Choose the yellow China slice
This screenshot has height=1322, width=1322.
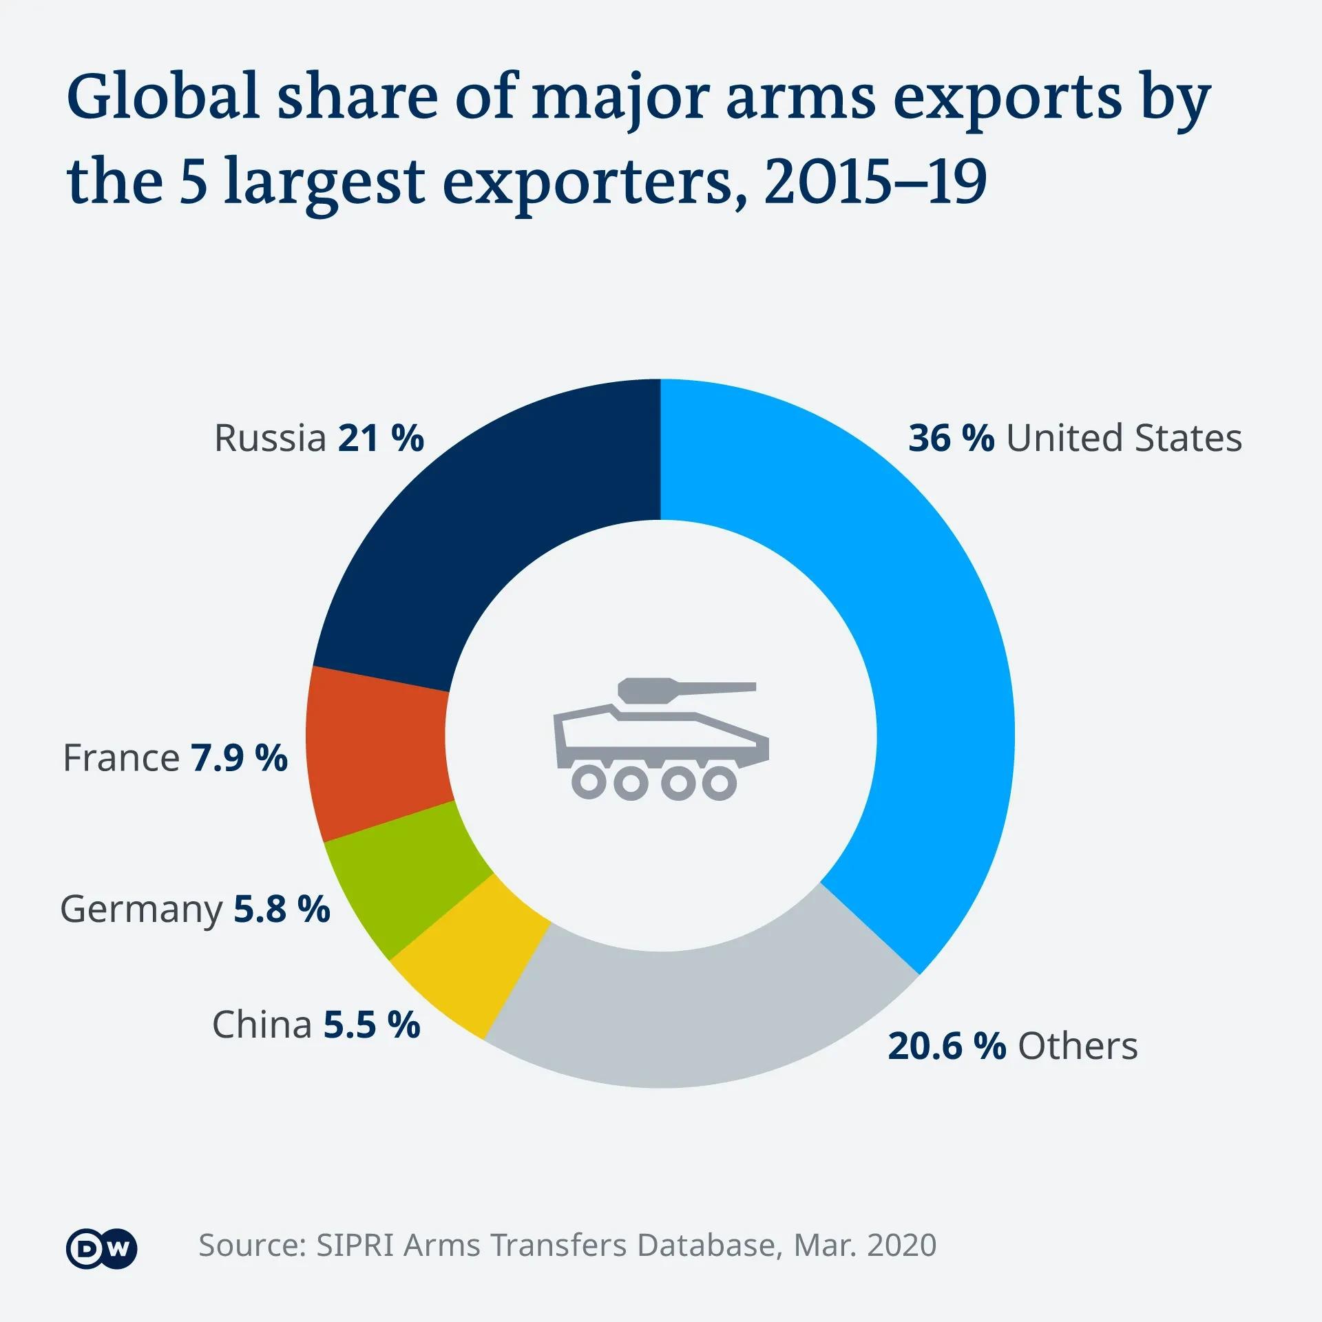click(475, 964)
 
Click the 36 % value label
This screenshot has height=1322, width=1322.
click(951, 438)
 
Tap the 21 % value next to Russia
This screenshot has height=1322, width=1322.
click(381, 438)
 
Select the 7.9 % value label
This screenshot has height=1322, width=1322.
click(239, 758)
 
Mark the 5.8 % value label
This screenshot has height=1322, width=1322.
click(282, 909)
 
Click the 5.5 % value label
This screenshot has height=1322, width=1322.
click(372, 1025)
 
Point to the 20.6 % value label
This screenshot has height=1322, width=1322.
click(947, 1046)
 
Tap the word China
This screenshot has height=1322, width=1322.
click(262, 1025)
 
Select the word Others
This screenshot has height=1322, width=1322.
click(1078, 1046)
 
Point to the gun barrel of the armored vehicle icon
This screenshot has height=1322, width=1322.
click(716, 686)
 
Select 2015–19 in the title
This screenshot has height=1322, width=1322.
click(875, 182)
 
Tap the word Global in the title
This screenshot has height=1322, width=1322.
click(162, 96)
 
